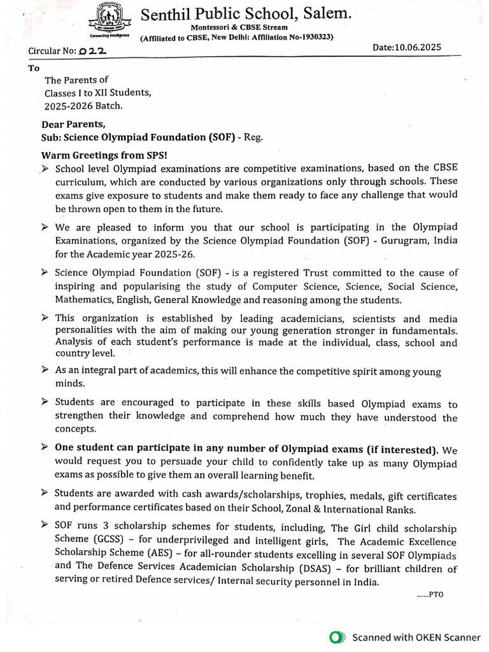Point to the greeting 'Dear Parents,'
click(x=73, y=124)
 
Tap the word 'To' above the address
click(x=33, y=67)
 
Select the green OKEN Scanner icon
click(x=337, y=637)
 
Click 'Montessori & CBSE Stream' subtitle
click(x=239, y=28)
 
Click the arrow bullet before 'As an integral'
click(x=45, y=370)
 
